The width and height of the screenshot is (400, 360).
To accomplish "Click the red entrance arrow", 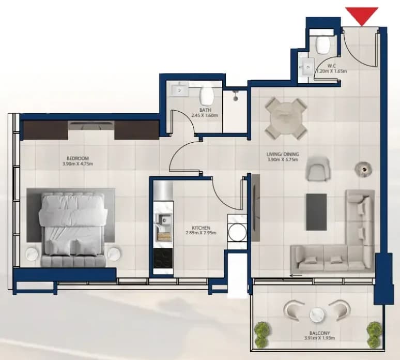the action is (x=362, y=16).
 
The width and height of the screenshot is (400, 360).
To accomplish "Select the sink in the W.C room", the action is (x=307, y=67).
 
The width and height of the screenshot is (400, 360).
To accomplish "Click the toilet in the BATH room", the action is (x=207, y=96).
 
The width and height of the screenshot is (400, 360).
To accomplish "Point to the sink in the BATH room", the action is (x=180, y=89).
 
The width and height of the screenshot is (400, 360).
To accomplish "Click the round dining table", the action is (x=286, y=118).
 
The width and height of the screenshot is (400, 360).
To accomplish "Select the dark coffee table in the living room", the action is (x=316, y=212).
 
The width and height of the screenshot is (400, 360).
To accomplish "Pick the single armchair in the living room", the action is (x=318, y=169).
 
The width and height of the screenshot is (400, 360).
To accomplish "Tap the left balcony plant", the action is (x=261, y=333).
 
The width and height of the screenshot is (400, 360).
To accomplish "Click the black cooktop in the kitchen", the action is (x=163, y=259).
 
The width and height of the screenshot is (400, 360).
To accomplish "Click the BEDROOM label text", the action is (x=78, y=158).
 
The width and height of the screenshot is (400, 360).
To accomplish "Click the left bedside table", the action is (x=33, y=254).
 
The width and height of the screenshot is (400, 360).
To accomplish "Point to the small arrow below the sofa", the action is (x=296, y=276).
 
